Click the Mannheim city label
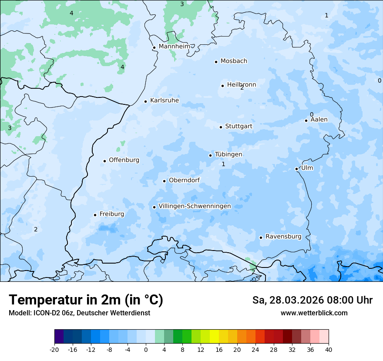coord(174,47)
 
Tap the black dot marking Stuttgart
coord(221,127)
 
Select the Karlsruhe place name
coord(165,100)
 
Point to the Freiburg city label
coord(111,214)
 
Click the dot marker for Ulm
coord(296,169)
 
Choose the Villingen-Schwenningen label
coord(195,206)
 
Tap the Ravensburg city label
coord(283,237)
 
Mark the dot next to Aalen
coord(306,120)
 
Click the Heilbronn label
coord(242,85)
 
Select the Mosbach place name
coord(234,61)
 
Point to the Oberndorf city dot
coord(164,181)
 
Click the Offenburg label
coord(124,160)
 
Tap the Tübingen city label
coord(228,154)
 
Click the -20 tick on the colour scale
coord(54,349)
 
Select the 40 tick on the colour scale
coord(329,349)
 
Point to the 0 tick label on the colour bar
coord(146,349)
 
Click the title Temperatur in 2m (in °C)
coord(86,300)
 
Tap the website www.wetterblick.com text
coord(314,313)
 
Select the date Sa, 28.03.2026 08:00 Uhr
coord(312,300)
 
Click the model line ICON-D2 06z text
coord(79,313)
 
